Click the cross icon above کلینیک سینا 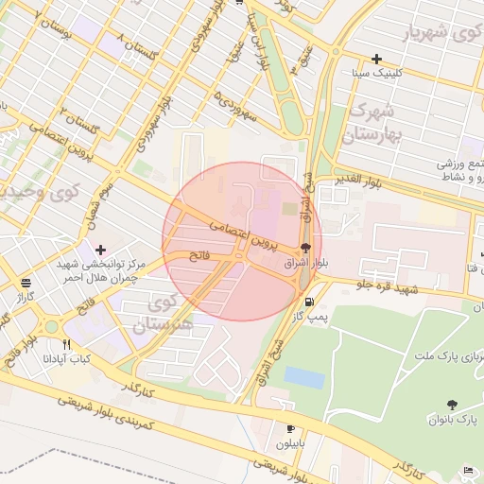click(376, 59)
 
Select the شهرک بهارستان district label click(374, 123)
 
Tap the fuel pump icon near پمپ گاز click(309, 302)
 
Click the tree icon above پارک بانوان click(451, 404)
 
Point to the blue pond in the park click(302, 376)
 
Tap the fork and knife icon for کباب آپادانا click(65, 344)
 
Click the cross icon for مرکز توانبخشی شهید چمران click(100, 250)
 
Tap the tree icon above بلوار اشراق click(303, 251)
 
